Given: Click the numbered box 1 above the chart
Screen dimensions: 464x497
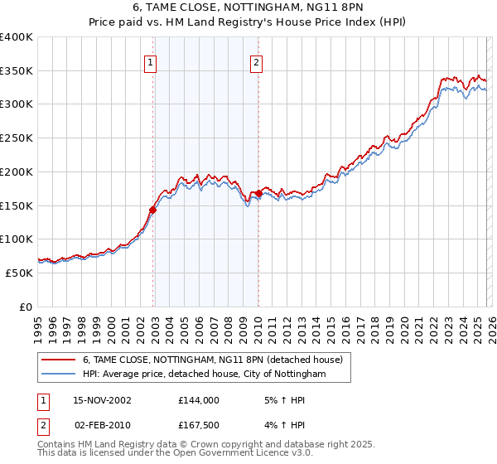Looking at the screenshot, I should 151,61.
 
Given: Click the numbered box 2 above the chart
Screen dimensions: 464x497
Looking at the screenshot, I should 257,61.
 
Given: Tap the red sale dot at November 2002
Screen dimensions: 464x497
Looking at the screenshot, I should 153,210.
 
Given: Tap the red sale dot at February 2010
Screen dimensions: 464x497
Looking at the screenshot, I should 258,194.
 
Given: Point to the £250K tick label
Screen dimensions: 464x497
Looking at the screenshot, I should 17,138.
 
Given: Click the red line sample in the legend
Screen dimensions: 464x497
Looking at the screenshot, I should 59,360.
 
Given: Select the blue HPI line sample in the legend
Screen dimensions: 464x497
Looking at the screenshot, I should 59,375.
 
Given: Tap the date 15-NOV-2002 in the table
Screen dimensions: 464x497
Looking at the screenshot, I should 102,399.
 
